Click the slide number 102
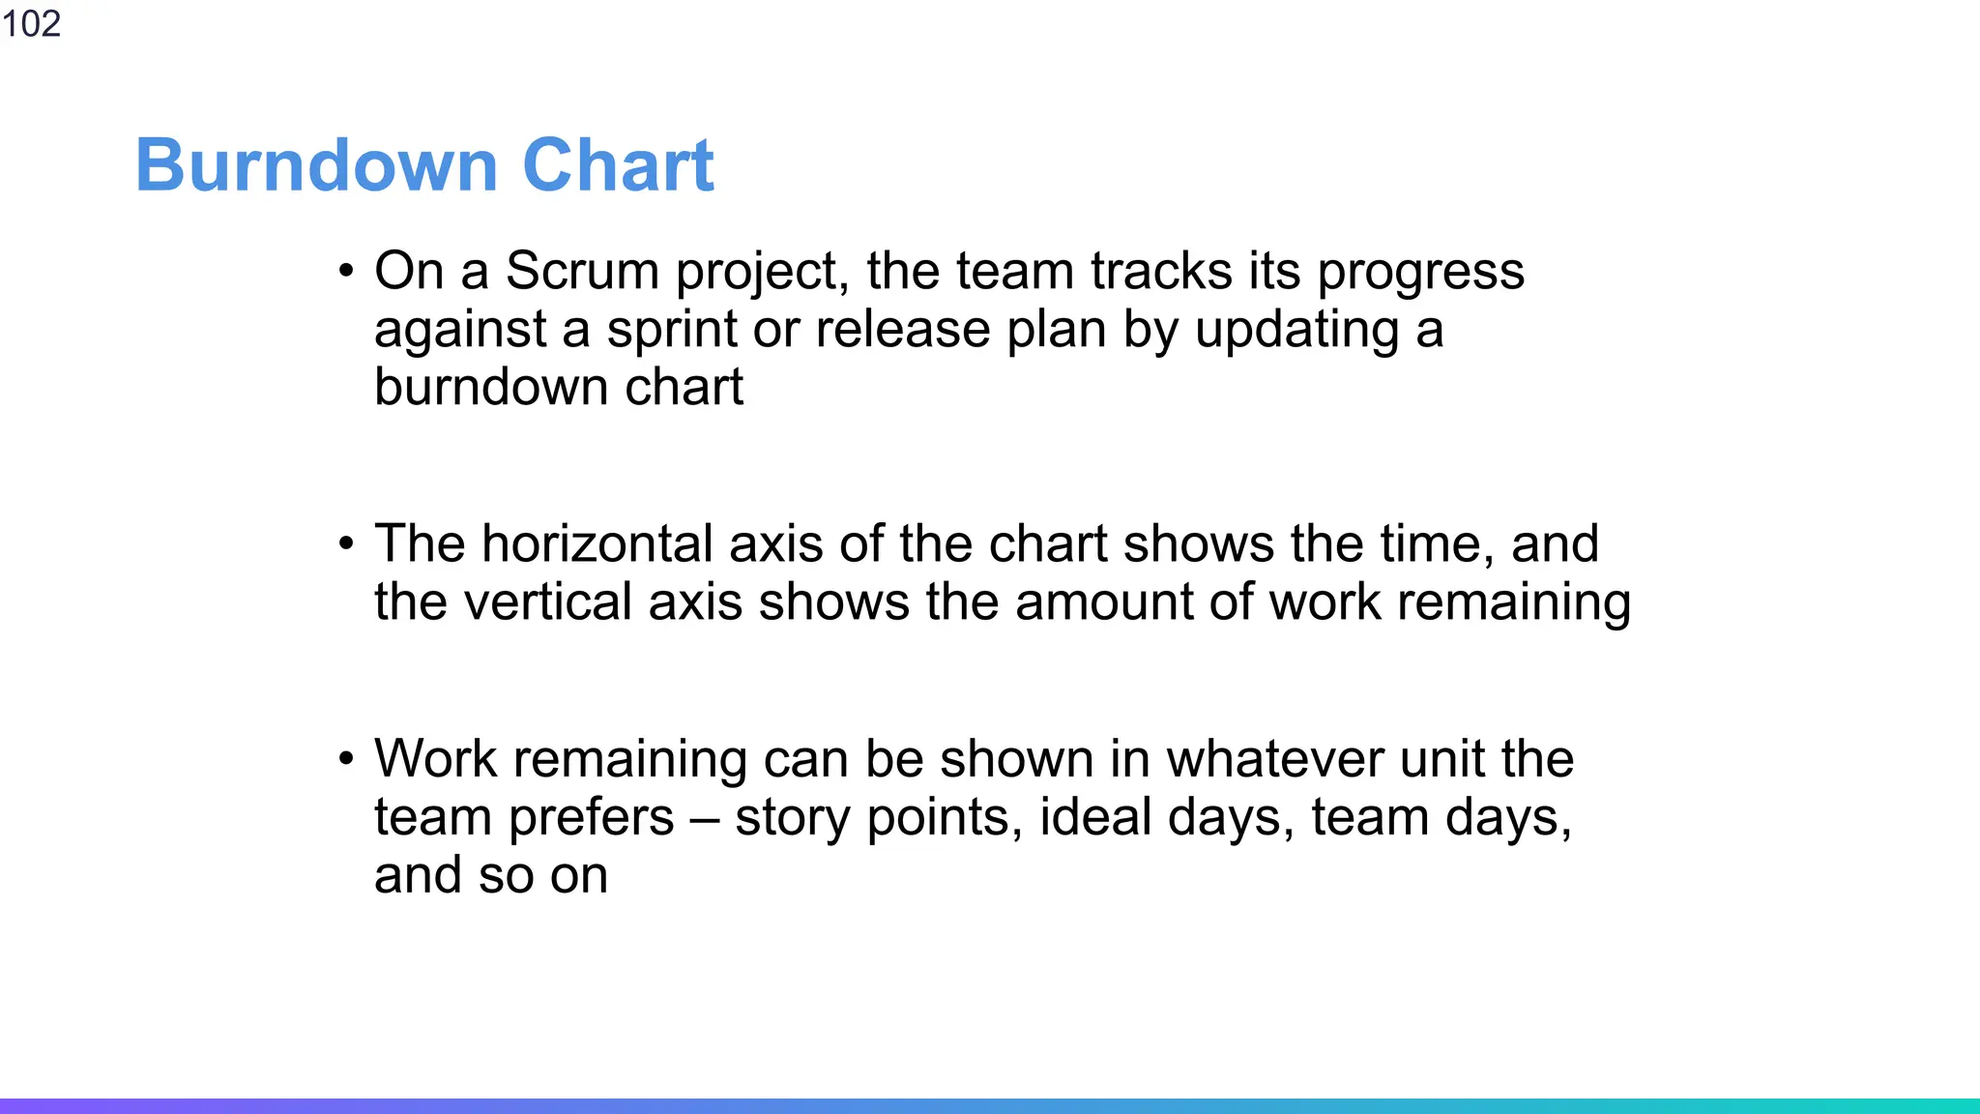point(31,23)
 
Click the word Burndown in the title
point(316,165)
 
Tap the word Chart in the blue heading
point(618,165)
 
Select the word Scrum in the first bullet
point(582,271)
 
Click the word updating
point(1297,331)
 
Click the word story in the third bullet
point(792,818)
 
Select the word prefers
point(592,818)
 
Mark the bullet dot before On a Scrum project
point(346,272)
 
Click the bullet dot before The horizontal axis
point(346,544)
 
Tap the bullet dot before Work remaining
point(346,759)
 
